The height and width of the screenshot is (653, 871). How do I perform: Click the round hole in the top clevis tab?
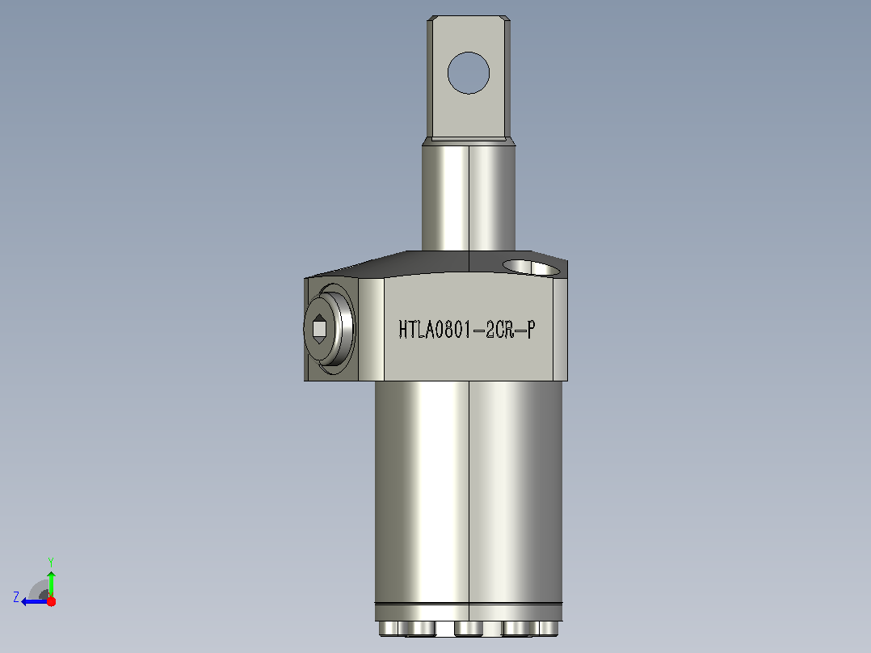pos(469,73)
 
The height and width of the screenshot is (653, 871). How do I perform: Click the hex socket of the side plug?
pos(319,329)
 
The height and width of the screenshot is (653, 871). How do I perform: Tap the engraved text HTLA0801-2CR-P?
pos(467,330)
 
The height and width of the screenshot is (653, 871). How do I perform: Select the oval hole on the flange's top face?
pos(533,268)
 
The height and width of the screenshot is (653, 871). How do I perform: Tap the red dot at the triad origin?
pos(51,601)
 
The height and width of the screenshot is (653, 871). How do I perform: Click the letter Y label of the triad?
pos(51,562)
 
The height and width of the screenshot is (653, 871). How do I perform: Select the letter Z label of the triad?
pos(16,597)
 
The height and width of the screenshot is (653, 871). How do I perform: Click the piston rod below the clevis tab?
pos(469,197)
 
